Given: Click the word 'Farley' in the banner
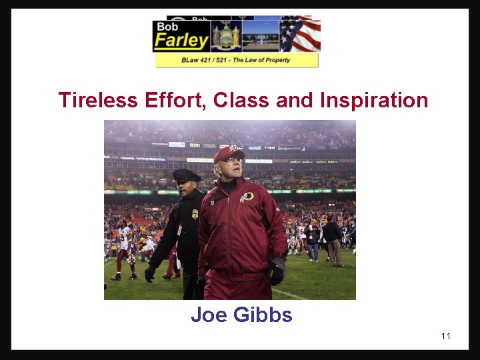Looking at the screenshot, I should tap(181, 41).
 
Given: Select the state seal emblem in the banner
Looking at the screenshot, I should tap(226, 35).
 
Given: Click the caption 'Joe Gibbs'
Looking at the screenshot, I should tap(241, 315).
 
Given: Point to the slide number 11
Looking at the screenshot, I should tap(445, 336).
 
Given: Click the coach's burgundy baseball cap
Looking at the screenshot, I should tap(229, 154).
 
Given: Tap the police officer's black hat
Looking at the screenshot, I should tap(186, 175).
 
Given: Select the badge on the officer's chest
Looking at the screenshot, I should tap(194, 213).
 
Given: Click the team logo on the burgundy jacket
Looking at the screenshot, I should tap(247, 197).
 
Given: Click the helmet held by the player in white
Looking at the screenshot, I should tap(131, 259).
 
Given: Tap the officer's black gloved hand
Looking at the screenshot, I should tap(150, 274).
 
